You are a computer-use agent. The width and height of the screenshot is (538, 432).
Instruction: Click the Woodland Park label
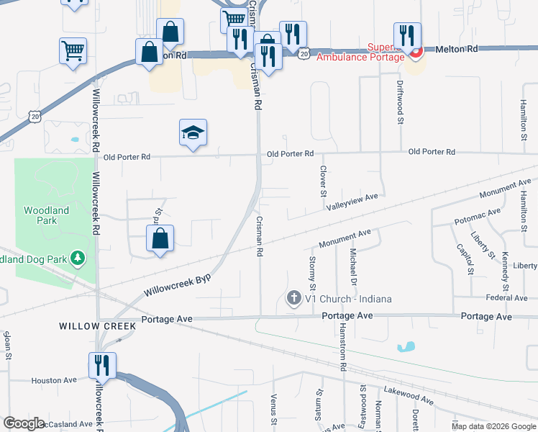pyautogui.click(x=46, y=215)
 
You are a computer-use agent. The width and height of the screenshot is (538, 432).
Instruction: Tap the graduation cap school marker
pyautogui.click(x=193, y=133)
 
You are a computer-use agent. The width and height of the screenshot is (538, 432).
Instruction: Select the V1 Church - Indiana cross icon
pyautogui.click(x=293, y=298)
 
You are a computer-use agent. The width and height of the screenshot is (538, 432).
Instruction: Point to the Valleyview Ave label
pyautogui.click(x=352, y=202)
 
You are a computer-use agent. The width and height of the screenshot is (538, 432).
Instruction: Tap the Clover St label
pyautogui.click(x=323, y=181)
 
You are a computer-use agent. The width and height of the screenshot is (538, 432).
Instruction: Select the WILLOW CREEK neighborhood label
pyautogui.click(x=98, y=326)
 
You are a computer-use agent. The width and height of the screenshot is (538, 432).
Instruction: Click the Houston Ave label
pyautogui.click(x=53, y=380)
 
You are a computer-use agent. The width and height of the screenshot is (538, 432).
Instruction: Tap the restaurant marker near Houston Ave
pyautogui.click(x=101, y=365)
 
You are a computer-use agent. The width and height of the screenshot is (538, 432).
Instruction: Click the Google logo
pyautogui.click(x=24, y=423)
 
